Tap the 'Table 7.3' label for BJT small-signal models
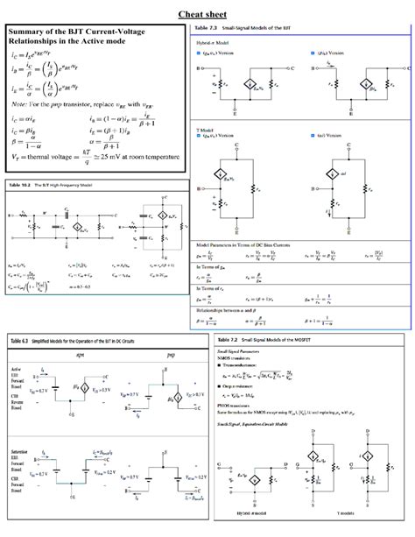point(202,30)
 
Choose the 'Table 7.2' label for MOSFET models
point(227,338)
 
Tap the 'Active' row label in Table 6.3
point(15,370)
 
